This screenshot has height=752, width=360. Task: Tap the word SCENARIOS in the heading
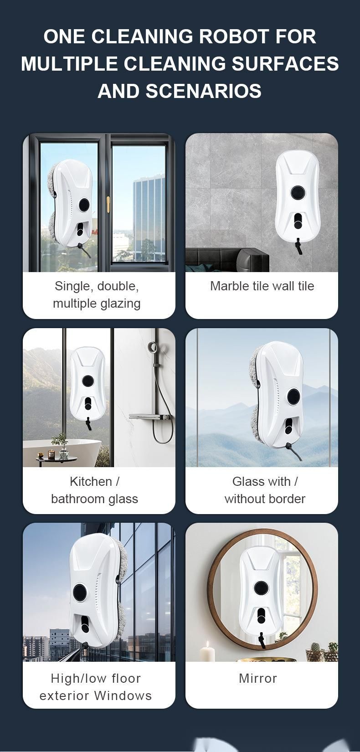(204, 91)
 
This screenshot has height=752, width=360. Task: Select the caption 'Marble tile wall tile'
(262, 286)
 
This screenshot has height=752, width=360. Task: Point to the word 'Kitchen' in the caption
(91, 481)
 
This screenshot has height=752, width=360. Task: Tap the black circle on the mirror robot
(260, 587)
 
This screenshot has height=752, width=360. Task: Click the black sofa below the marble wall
(227, 259)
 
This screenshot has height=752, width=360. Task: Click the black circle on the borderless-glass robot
(293, 397)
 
